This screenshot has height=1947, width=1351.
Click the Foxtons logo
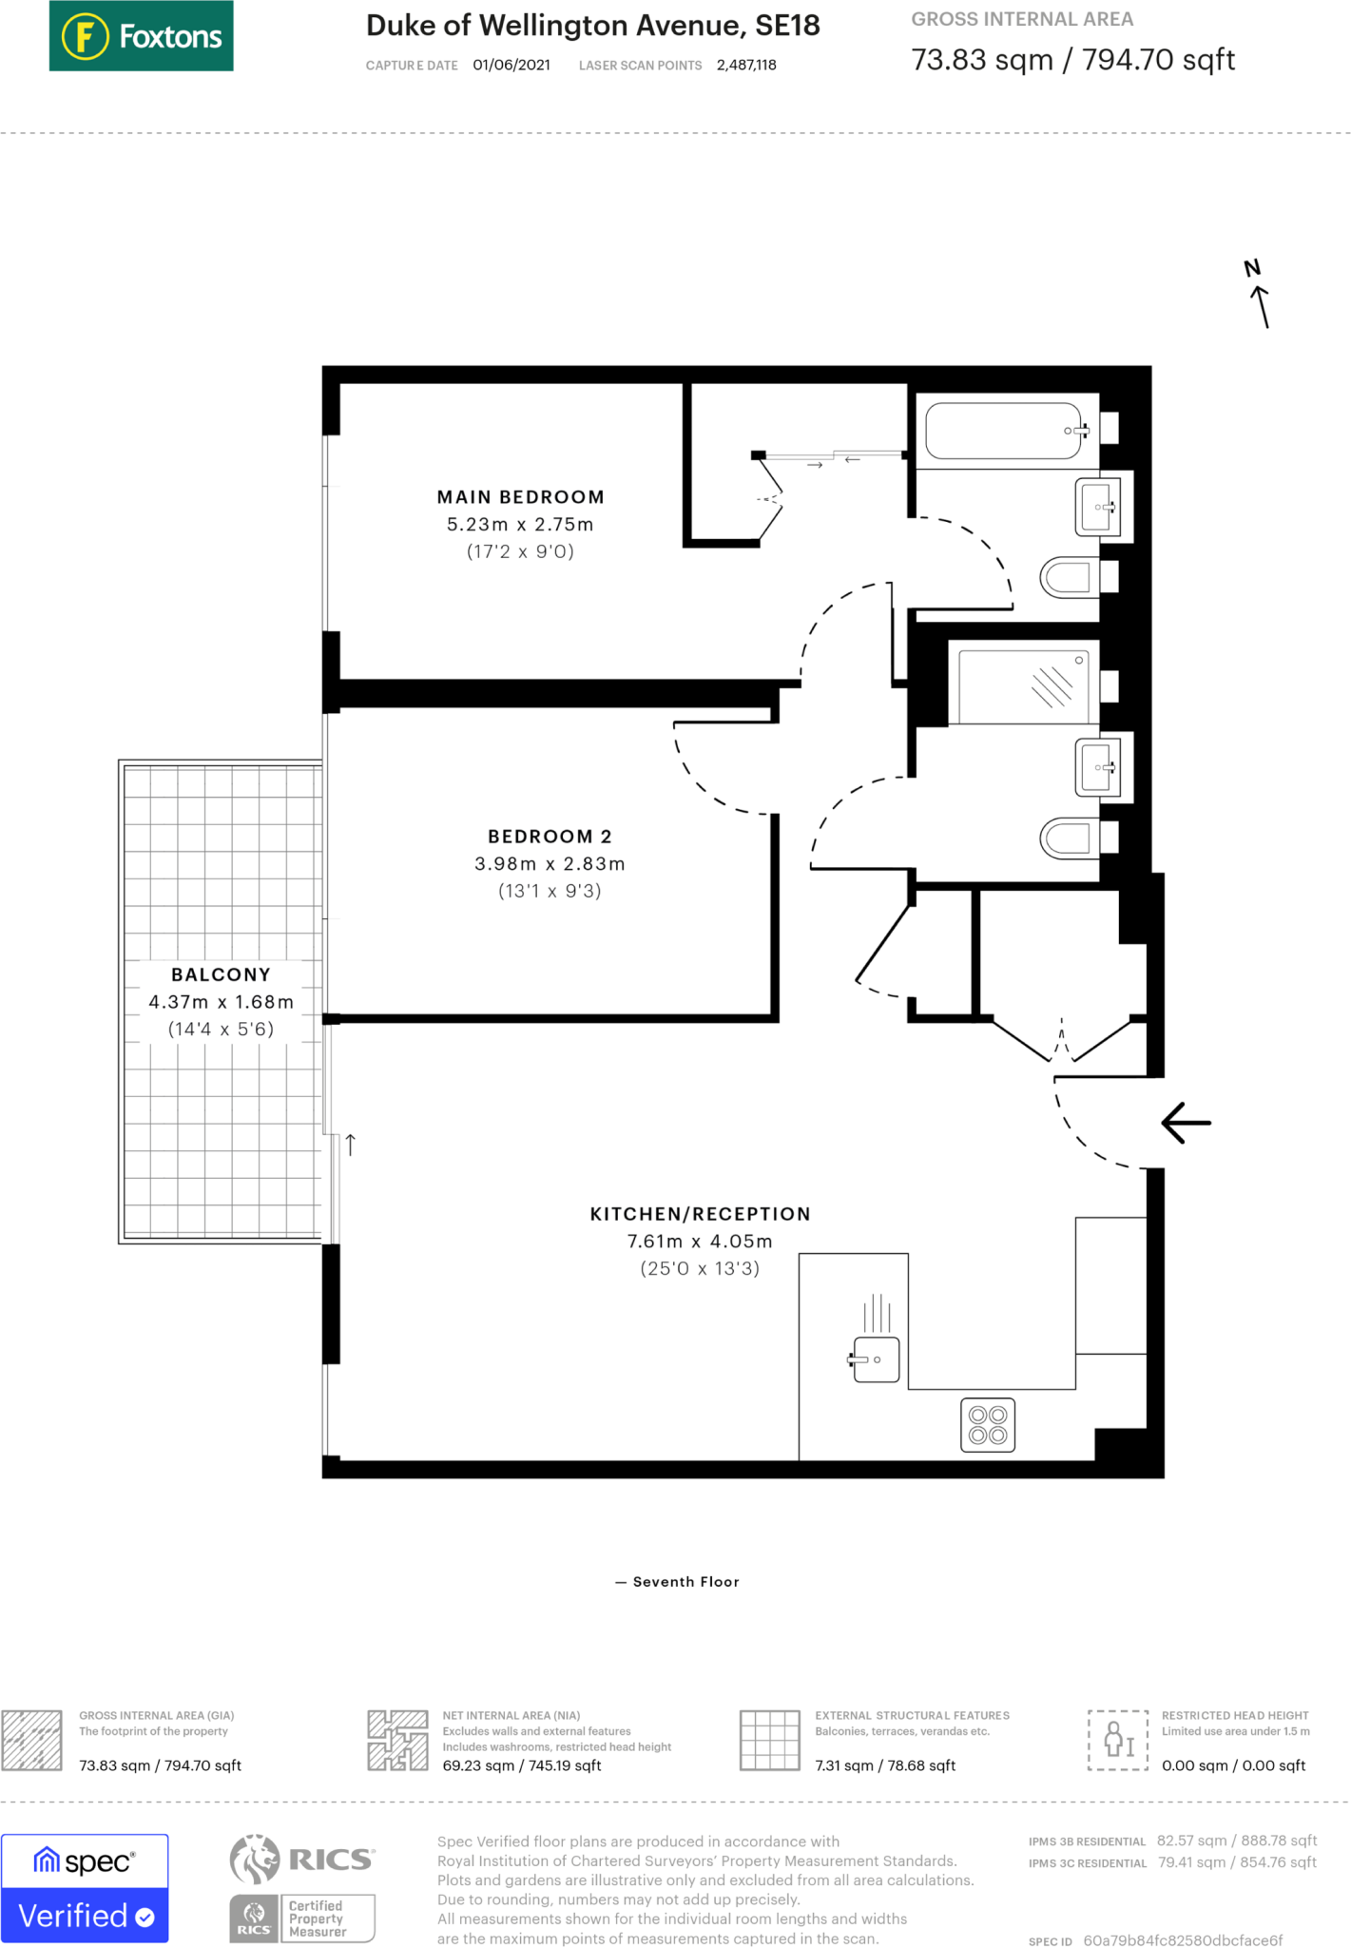coord(141,36)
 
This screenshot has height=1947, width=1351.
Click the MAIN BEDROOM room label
coord(520,497)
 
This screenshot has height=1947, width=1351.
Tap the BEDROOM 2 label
coord(550,837)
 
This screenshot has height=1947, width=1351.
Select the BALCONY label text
coord(221,974)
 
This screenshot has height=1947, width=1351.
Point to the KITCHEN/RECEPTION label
coord(700,1214)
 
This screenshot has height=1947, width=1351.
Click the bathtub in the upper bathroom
coord(1004,431)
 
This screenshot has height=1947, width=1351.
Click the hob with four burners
coord(987,1425)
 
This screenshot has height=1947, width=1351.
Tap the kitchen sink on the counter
coord(876,1359)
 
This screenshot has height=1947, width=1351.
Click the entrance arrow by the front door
coord(1187,1123)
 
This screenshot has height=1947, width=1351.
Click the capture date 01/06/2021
coord(511,66)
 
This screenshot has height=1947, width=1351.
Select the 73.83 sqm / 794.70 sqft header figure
coord(1072,60)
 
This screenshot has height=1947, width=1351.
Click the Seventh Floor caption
coord(685,1582)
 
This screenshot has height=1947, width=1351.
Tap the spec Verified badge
coord(85,1888)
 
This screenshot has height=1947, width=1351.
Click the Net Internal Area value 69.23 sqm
coord(521,1765)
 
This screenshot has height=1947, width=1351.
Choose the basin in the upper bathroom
coord(1097,508)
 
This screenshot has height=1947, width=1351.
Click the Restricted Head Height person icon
coord(1118,1739)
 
